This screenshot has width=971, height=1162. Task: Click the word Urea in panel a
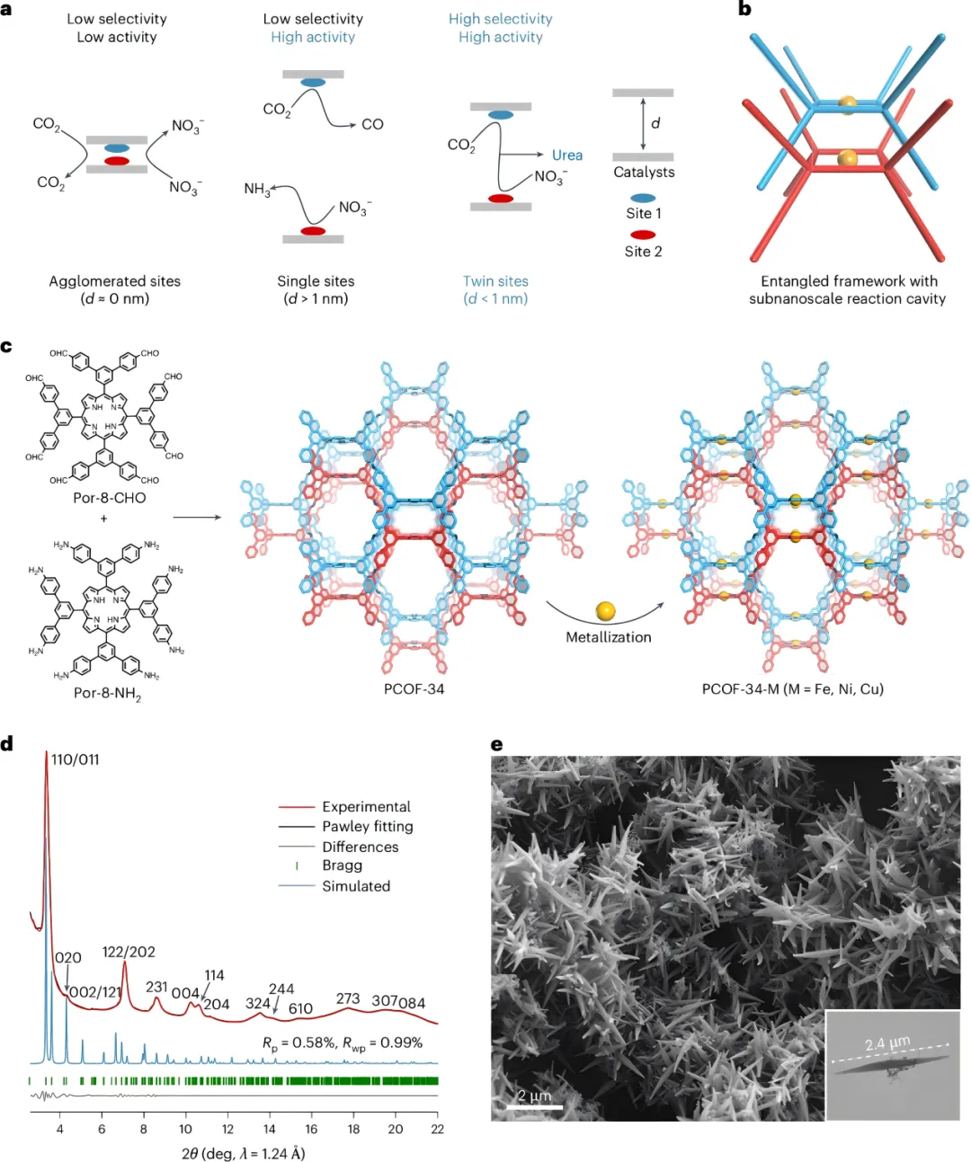[x=566, y=155]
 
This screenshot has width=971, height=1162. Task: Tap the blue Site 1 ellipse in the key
[x=643, y=198]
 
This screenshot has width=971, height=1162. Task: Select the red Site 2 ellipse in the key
[x=643, y=235]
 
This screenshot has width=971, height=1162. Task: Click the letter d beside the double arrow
[x=655, y=123]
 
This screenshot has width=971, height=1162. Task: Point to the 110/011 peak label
[x=76, y=760]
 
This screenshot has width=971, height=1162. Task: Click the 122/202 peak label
[x=129, y=952]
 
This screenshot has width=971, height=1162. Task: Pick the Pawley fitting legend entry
[x=367, y=827]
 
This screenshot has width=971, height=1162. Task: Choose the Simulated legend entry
[x=356, y=886]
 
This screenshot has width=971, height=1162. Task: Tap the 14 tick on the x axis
[x=270, y=1129]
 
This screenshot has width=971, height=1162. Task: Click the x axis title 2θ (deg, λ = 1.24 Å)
[x=243, y=1153]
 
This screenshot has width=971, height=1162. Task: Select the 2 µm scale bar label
[x=534, y=1095]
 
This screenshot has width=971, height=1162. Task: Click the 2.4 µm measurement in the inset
[x=886, y=1043]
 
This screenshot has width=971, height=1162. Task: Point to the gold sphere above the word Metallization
[x=606, y=611]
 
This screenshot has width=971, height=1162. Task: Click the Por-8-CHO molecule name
[x=109, y=498]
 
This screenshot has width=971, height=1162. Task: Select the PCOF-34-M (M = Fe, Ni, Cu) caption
[x=792, y=689]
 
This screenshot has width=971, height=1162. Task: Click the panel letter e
[x=496, y=744]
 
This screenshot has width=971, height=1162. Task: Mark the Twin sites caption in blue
[x=495, y=281]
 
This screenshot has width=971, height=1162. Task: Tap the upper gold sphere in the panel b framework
[x=847, y=103]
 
